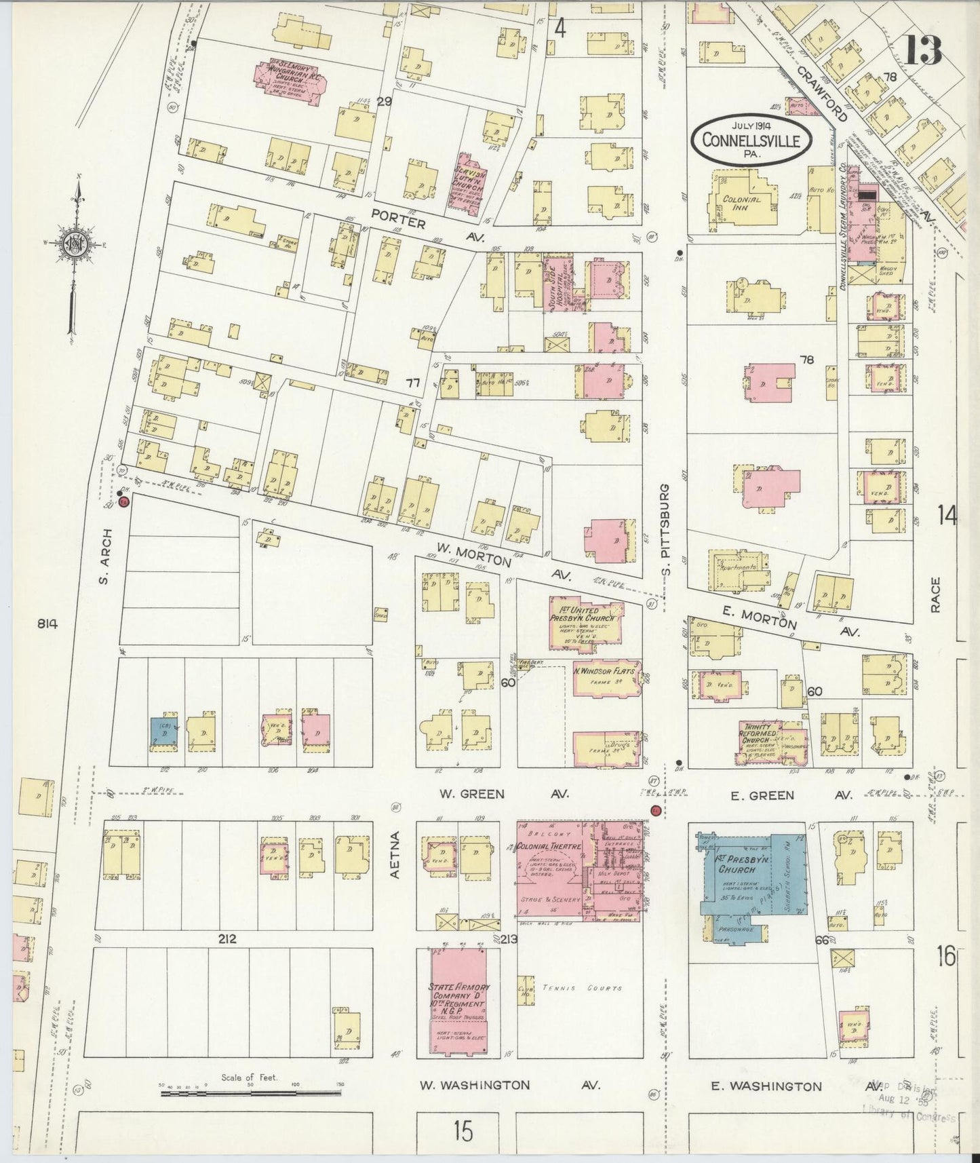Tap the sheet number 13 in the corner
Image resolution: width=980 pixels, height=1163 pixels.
923,50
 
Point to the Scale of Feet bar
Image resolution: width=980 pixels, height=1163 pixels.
251,1092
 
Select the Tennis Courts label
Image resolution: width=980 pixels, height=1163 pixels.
581,989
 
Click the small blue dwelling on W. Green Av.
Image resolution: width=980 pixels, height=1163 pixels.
165,731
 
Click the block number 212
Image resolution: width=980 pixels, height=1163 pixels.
227,939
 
